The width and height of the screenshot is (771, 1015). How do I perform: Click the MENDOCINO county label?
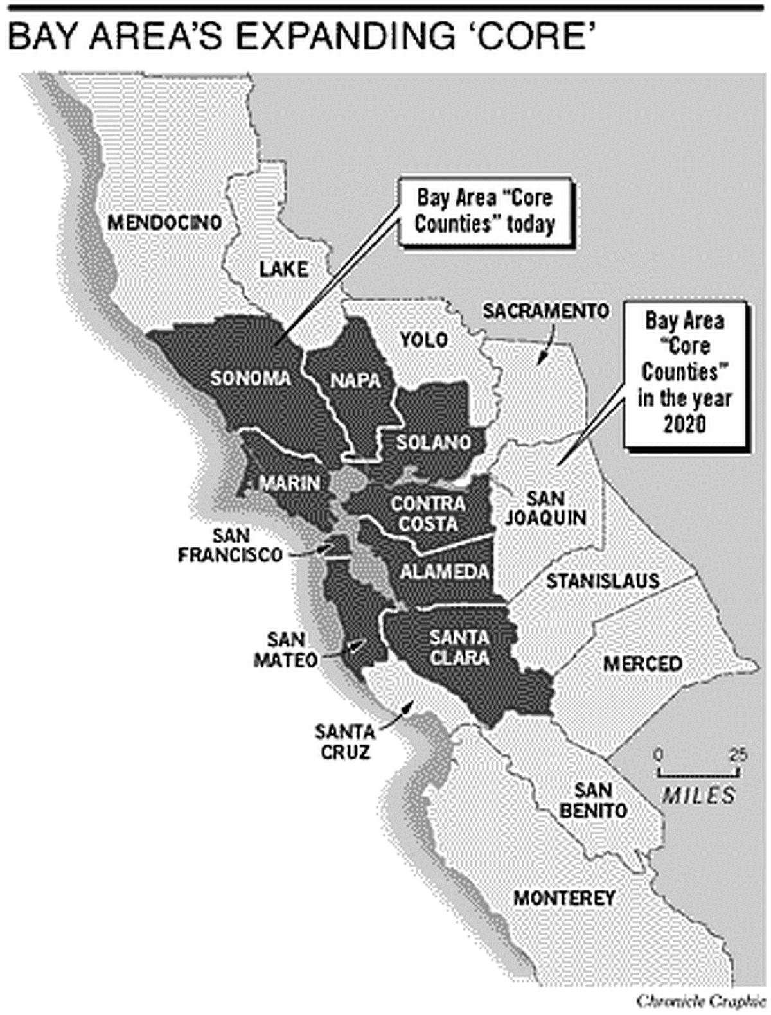click(164, 223)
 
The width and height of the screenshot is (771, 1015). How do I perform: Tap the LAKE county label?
click(283, 269)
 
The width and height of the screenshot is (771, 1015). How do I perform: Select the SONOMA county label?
click(251, 378)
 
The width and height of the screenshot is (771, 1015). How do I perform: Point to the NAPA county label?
click(355, 380)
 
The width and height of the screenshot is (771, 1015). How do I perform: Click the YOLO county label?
click(423, 339)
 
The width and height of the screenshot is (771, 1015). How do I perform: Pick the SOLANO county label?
click(433, 442)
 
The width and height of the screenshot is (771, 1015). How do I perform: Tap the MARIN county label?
click(290, 483)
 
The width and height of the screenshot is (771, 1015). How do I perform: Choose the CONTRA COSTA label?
click(428, 513)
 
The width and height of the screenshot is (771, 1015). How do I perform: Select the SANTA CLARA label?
click(459, 648)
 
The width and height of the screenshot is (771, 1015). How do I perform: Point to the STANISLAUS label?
click(603, 581)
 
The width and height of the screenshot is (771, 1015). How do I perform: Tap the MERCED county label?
click(642, 663)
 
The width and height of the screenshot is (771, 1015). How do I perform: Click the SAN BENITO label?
click(592, 800)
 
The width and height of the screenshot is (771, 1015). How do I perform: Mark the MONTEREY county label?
click(564, 897)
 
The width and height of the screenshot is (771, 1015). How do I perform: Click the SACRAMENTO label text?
click(545, 311)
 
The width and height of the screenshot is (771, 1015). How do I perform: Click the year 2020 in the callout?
click(684, 424)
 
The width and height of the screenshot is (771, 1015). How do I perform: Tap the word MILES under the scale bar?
click(698, 795)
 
